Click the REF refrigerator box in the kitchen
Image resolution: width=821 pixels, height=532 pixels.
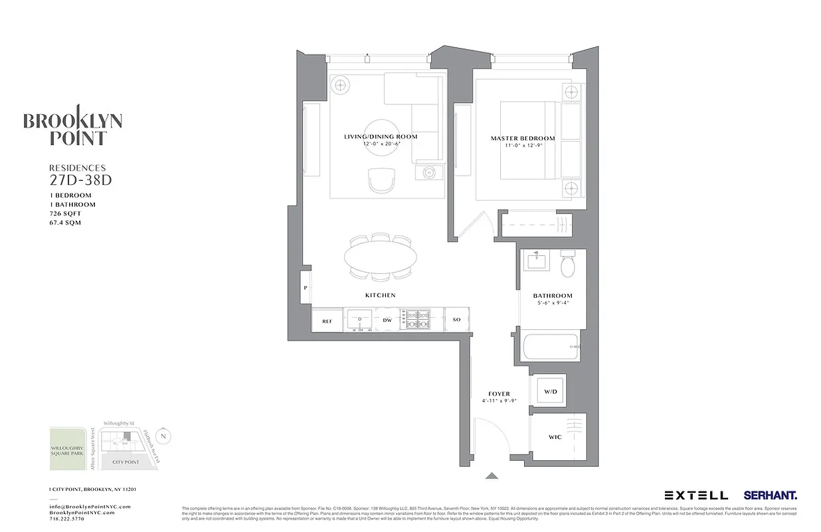pyautogui.click(x=327, y=321)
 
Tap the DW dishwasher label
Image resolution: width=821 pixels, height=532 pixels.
pyautogui.click(x=387, y=321)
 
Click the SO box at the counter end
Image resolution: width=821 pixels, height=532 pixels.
pyautogui.click(x=456, y=321)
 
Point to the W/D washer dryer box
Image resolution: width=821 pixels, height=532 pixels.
pyautogui.click(x=551, y=392)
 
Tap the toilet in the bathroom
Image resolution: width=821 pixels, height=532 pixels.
pyautogui.click(x=568, y=265)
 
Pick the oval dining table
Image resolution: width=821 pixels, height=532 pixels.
pyautogui.click(x=381, y=257)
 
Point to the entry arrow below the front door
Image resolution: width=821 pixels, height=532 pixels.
pyautogui.click(x=492, y=475)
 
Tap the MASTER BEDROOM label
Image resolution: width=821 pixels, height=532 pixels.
pyautogui.click(x=523, y=138)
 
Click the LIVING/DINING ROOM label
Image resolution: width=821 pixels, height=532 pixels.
pyautogui.click(x=381, y=136)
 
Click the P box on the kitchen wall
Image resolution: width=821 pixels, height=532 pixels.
pyautogui.click(x=306, y=288)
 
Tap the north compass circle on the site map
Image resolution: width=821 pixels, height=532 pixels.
pyautogui.click(x=165, y=436)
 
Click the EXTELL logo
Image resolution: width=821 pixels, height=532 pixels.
pyautogui.click(x=696, y=495)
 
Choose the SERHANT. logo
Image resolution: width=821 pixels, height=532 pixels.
pyautogui.click(x=770, y=495)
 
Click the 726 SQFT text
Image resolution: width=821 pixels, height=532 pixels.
pyautogui.click(x=66, y=213)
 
